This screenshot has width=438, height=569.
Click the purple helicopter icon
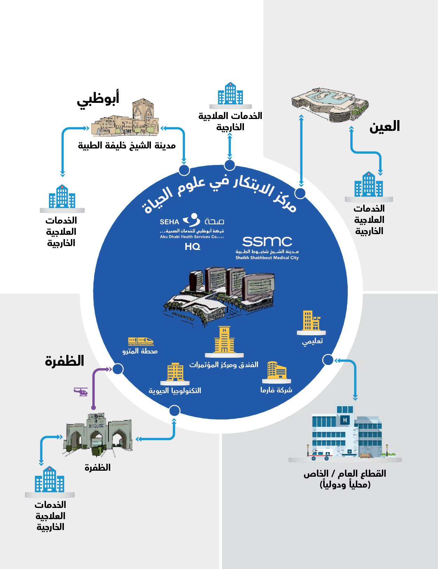click(81, 392)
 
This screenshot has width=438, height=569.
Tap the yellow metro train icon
click(141, 341)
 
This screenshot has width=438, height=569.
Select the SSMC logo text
click(267, 242)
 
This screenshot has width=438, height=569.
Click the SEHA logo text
click(170, 222)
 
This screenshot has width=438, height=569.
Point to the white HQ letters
click(192, 247)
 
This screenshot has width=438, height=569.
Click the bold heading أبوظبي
click(98, 99)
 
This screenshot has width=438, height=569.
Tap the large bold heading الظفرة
click(65, 361)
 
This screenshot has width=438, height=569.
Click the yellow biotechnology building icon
click(175, 372)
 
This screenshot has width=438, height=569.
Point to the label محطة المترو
click(140, 351)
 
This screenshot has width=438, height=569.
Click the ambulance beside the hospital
click(320, 455)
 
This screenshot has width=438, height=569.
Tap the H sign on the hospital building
click(345, 420)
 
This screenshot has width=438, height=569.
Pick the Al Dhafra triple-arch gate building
click(98, 435)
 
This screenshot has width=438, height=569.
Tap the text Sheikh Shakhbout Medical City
click(267, 258)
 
